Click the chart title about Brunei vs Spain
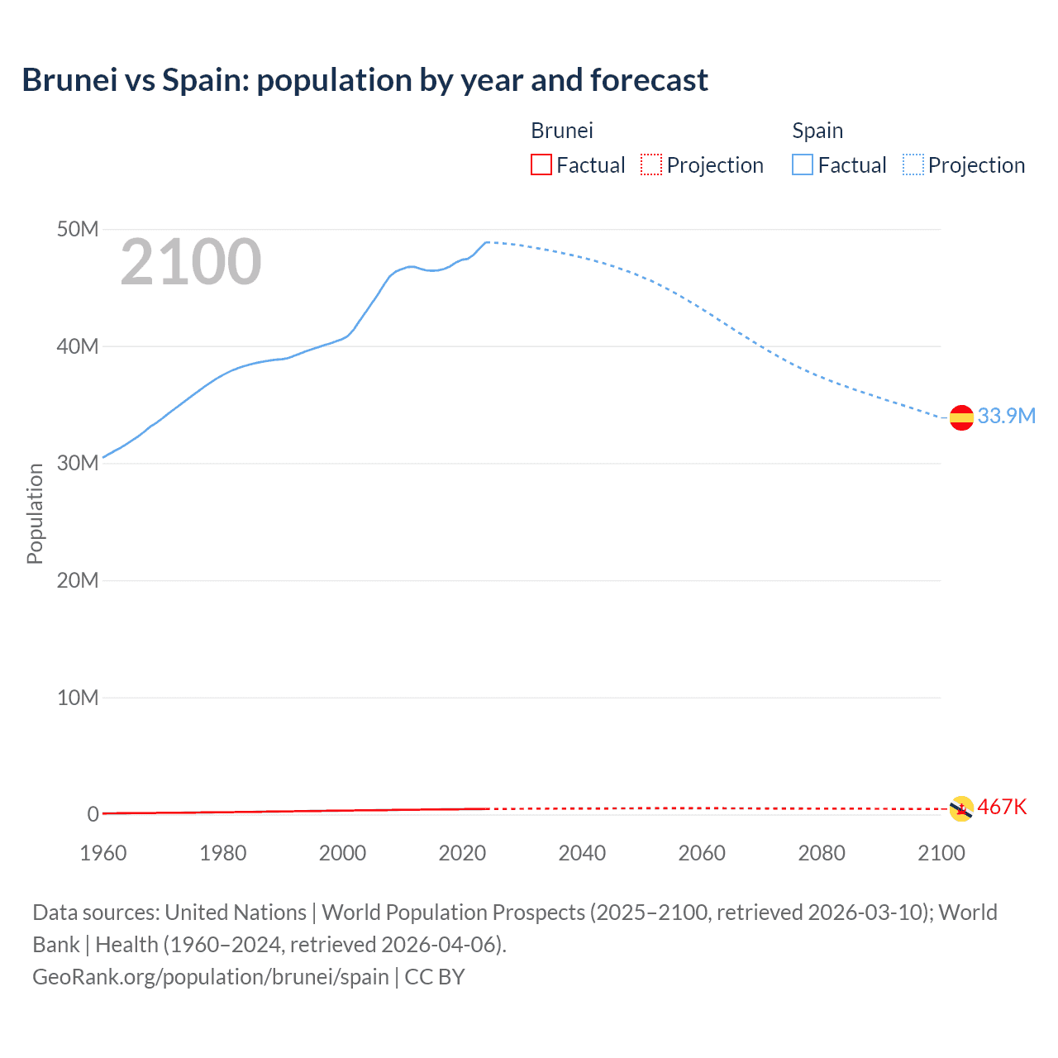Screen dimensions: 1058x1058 (365, 80)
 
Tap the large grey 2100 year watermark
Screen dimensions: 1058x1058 (191, 263)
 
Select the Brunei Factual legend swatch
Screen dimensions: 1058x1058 (541, 164)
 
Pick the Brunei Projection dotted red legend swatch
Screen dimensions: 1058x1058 (651, 164)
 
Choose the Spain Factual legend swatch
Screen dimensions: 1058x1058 (803, 164)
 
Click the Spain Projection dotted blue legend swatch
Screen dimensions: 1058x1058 (913, 164)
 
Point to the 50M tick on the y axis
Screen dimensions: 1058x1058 (78, 229)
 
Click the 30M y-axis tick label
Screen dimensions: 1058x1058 (78, 463)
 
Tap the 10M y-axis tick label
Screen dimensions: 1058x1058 (78, 698)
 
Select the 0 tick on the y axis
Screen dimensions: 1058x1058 (93, 814)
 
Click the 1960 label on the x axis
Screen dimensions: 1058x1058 (103, 853)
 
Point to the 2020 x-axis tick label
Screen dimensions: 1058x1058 (462, 853)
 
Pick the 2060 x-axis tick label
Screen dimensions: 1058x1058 (702, 853)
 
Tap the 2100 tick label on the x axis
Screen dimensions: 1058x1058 (941, 853)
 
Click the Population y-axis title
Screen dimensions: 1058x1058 (35, 513)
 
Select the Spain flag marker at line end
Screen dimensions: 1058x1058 (961, 418)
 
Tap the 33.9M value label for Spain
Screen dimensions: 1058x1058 (1006, 416)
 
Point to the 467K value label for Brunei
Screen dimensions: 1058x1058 (1002, 807)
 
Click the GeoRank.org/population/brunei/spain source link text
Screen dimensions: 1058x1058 (211, 977)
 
